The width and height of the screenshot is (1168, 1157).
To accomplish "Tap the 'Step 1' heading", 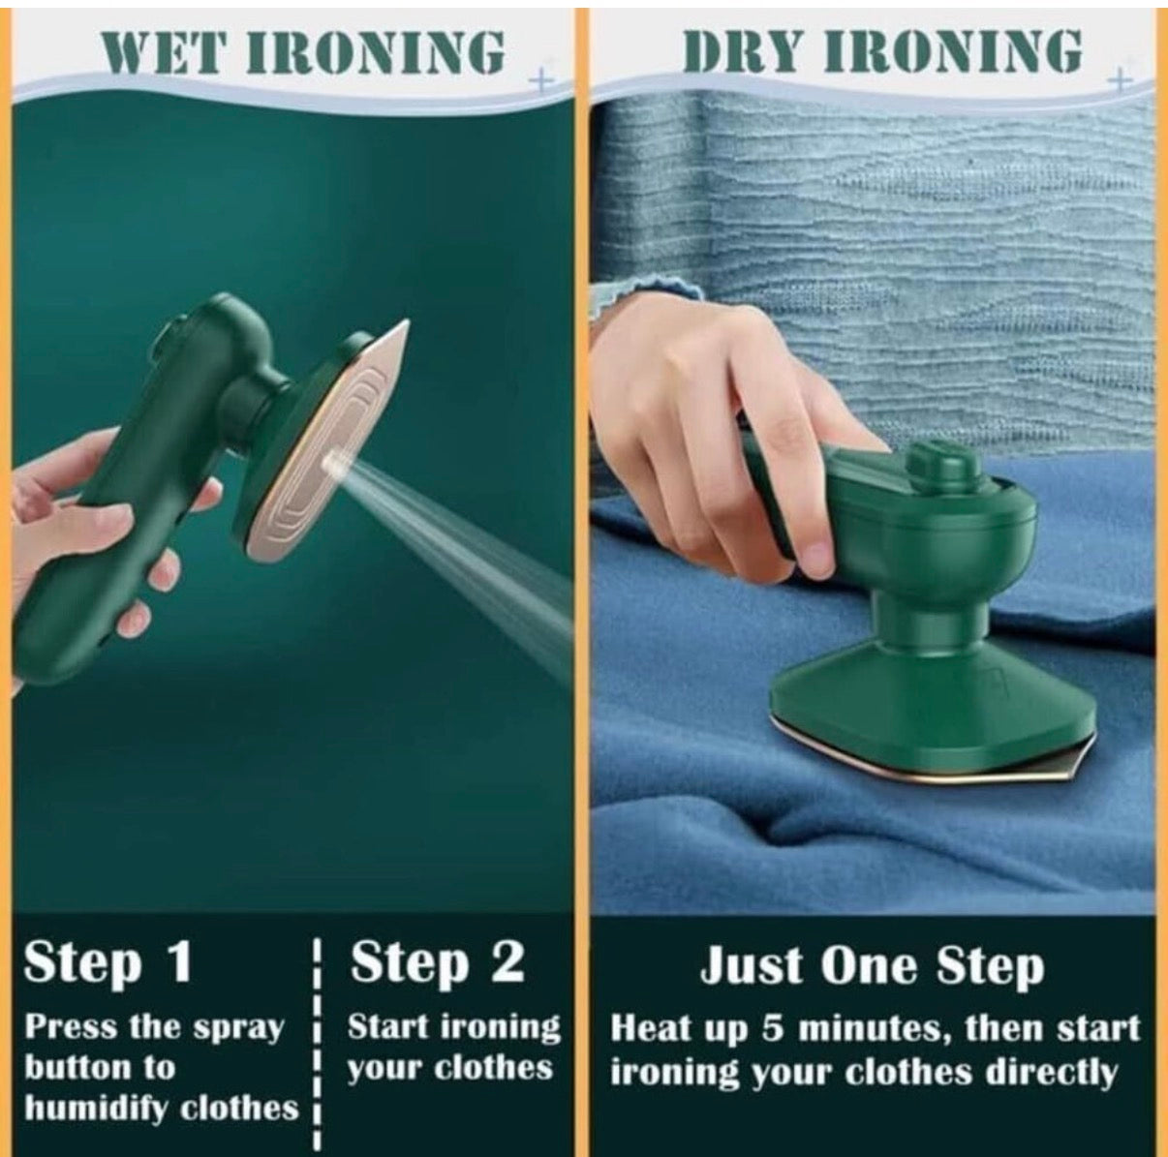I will point(108,963).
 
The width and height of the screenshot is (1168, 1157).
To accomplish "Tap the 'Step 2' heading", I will point(437,963).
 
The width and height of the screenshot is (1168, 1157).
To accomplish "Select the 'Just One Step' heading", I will point(872,966).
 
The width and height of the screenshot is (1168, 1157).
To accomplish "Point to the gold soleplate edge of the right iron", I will point(930,770).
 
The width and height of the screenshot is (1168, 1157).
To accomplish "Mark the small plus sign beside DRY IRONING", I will point(1121,78).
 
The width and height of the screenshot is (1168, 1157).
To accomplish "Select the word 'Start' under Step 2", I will point(386,1026).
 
